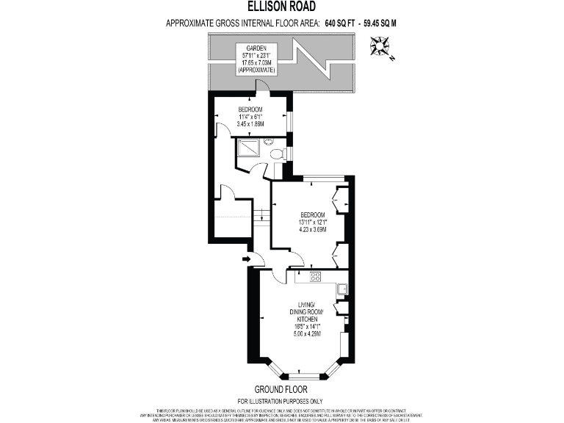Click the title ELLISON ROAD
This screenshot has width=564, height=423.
[281, 10]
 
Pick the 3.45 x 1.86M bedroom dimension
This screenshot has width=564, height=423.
[250, 124]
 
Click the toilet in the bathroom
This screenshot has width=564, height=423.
[278, 154]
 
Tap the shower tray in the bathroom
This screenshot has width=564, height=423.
[247, 150]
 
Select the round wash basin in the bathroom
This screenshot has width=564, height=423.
[269, 141]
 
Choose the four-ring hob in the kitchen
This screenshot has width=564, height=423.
[316, 277]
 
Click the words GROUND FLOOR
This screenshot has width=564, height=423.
[281, 388]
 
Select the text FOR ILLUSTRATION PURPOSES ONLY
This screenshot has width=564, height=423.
[281, 400]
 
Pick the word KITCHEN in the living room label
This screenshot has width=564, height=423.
[306, 319]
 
